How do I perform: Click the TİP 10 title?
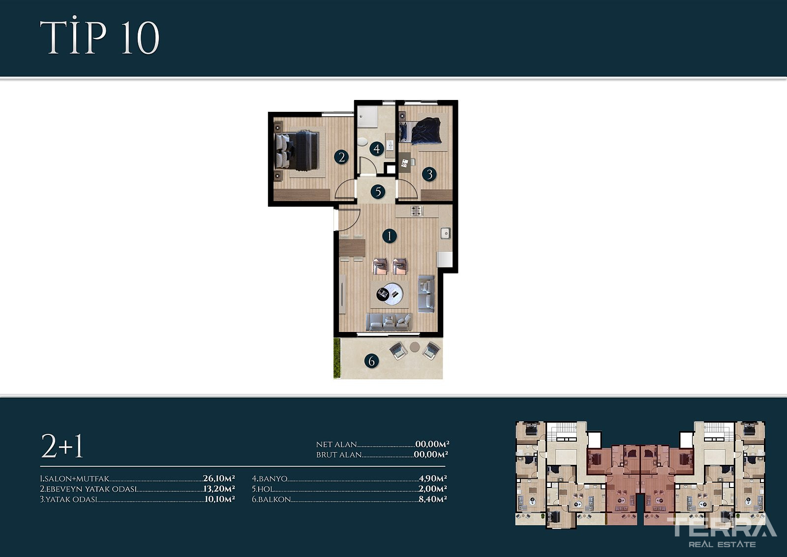pyautogui.click(x=99, y=37)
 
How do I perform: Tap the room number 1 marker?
pyautogui.click(x=389, y=236)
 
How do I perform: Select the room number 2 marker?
pyautogui.click(x=341, y=157)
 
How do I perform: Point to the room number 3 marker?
pyautogui.click(x=429, y=174)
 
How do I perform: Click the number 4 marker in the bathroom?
pyautogui.click(x=377, y=149)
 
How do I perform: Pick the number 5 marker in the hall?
pyautogui.click(x=378, y=192)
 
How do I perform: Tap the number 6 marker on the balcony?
pyautogui.click(x=372, y=360)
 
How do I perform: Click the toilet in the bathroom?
pyautogui.click(x=362, y=142)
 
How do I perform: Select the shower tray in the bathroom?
pyautogui.click(x=367, y=116)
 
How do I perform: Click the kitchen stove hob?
pyautogui.click(x=417, y=211)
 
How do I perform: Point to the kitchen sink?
pyautogui.click(x=446, y=233)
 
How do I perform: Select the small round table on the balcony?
pyautogui.click(x=415, y=347)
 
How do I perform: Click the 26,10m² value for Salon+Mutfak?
pyautogui.click(x=218, y=478)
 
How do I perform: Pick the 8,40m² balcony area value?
pyautogui.click(x=432, y=499)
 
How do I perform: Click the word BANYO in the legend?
pyautogui.click(x=273, y=479)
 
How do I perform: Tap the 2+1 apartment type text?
pyautogui.click(x=62, y=446)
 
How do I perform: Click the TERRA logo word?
pyautogui.click(x=722, y=527)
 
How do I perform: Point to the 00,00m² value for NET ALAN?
pyautogui.click(x=432, y=444)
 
